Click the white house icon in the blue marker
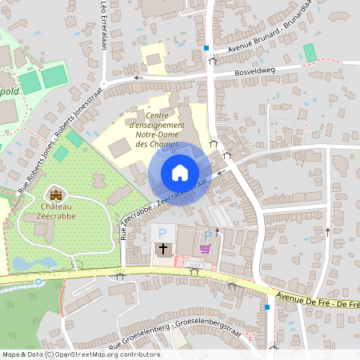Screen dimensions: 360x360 point(180,173)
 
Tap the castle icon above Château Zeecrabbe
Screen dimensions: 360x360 point(56,194)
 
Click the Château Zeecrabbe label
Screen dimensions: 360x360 point(56,211)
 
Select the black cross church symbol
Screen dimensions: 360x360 point(163,249)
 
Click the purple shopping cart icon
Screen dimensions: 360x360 point(206,249)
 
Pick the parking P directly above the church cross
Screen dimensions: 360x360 point(163,234)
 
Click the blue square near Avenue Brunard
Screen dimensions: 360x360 point(206,48)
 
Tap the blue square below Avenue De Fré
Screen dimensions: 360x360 point(266,307)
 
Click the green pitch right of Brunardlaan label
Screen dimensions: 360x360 point(310,52)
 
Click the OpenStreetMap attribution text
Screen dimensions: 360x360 point(81,354)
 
